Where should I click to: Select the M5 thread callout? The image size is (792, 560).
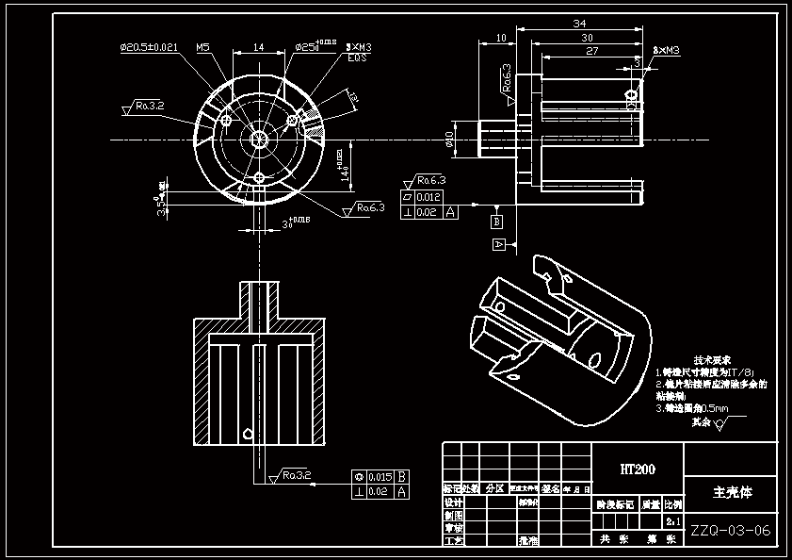tap(202, 46)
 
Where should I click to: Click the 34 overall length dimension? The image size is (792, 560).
tap(579, 23)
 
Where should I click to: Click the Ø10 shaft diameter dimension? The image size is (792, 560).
tap(450, 140)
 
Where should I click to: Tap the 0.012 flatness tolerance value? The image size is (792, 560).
tap(428, 197)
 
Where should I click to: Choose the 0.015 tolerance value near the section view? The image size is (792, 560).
tap(380, 476)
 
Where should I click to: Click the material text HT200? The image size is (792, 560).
tap(637, 469)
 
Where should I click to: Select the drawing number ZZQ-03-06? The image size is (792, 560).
tap(731, 531)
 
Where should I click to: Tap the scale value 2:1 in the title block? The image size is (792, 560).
tap(673, 520)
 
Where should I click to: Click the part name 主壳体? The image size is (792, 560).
tap(732, 491)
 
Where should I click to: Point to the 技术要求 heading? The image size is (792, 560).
tap(713, 360)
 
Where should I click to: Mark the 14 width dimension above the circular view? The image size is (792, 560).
tap(258, 46)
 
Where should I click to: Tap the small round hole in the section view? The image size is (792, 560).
tap(246, 434)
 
